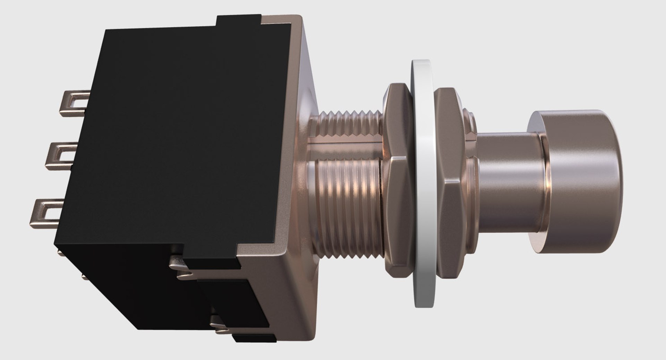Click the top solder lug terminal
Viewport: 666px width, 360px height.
pyautogui.click(x=74, y=103)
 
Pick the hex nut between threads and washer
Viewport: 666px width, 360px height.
pyautogui.click(x=399, y=180)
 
